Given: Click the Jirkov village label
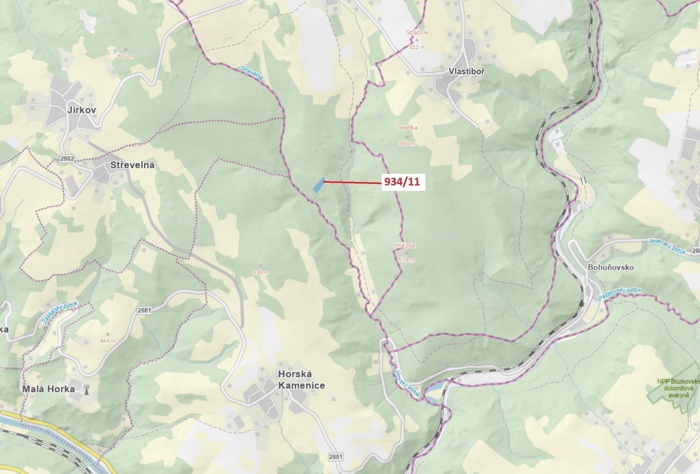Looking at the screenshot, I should click(82, 110).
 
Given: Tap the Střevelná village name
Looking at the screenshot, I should click(132, 165).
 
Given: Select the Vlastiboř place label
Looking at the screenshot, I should click(466, 71).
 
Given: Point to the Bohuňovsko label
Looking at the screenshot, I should click(610, 267).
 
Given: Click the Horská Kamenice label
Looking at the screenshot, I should click(301, 380).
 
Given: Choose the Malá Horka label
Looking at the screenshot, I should click(49, 389).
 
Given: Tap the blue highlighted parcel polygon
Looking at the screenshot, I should click(319, 185).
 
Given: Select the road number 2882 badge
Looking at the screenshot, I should click(67, 159).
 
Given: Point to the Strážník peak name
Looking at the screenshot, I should click(417, 32).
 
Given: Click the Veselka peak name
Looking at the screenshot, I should click(407, 128).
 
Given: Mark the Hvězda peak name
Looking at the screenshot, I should click(405, 246).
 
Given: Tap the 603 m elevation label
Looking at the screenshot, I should click(126, 57).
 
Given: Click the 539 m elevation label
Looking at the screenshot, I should click(261, 272).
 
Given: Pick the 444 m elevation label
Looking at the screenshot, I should click(107, 341).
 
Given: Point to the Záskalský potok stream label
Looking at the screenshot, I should click(60, 312).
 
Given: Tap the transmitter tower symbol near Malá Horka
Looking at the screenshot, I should click(86, 389).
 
